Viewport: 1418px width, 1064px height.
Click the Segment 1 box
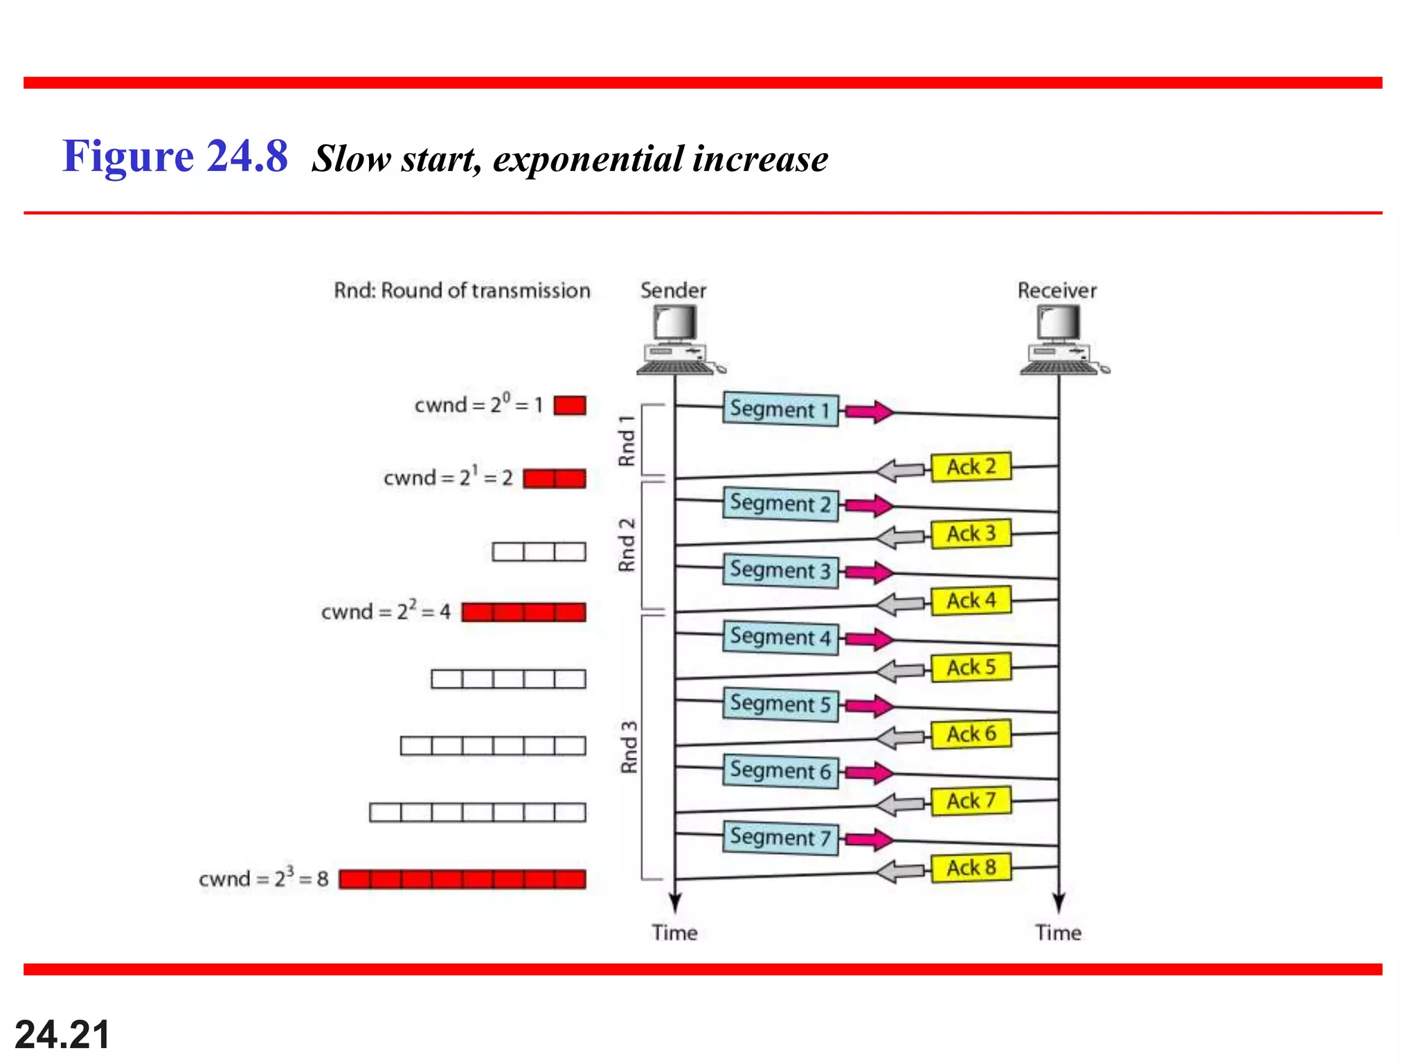tap(780, 409)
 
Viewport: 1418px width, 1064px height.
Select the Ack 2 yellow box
tap(971, 466)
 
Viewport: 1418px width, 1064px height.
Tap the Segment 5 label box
tap(780, 704)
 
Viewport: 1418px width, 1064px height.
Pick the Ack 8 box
tap(971, 867)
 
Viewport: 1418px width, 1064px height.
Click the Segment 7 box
tap(780, 837)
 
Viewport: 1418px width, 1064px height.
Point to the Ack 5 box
tap(971, 667)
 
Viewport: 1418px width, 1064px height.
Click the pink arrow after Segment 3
tap(870, 572)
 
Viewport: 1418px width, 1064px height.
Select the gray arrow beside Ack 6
tap(899, 737)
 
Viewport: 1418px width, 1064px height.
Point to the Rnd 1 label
tap(627, 441)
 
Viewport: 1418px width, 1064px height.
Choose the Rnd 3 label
tap(629, 746)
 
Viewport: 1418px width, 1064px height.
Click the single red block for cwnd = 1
tap(570, 405)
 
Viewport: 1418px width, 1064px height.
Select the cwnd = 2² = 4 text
tap(386, 611)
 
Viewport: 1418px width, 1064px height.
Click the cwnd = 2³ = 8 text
tap(263, 878)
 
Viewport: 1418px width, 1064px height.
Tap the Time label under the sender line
tap(674, 932)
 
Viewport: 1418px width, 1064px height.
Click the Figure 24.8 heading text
tap(174, 157)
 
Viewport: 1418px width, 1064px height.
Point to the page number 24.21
tap(62, 1035)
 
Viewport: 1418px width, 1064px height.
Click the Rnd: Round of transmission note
tap(462, 290)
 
